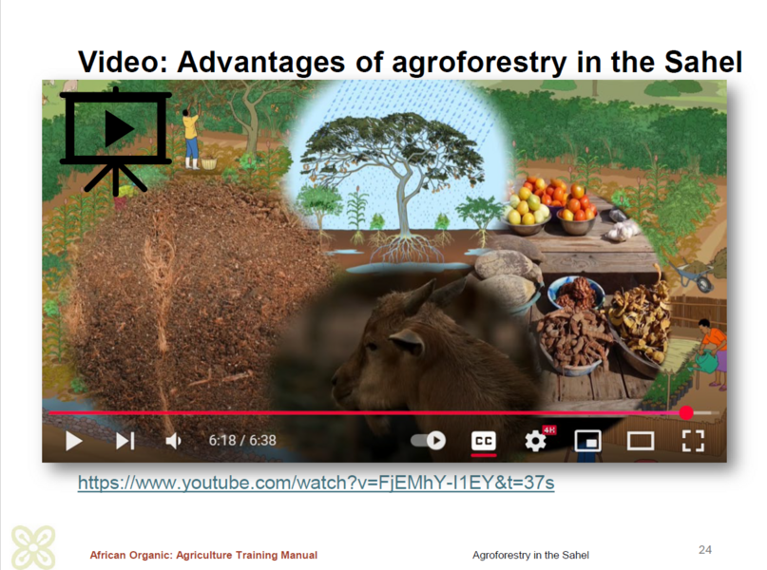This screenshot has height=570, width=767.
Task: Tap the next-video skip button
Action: pyautogui.click(x=125, y=441)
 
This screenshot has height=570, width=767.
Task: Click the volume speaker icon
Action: pyautogui.click(x=173, y=441)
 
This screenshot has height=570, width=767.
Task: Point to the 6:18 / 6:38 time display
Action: pyautogui.click(x=242, y=441)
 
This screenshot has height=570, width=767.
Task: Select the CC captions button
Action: pyautogui.click(x=483, y=441)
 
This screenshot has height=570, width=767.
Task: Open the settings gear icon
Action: pyautogui.click(x=536, y=441)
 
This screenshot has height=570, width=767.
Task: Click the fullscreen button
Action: pyautogui.click(x=693, y=441)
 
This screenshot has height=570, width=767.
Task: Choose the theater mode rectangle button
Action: pyautogui.click(x=641, y=441)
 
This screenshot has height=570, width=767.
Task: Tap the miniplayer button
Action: pyautogui.click(x=588, y=441)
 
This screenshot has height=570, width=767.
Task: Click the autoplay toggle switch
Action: pyautogui.click(x=429, y=441)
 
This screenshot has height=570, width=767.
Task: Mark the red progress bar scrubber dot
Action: pyautogui.click(x=686, y=413)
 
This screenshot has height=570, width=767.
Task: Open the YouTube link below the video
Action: pyautogui.click(x=316, y=483)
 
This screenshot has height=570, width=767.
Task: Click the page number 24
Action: pyautogui.click(x=705, y=549)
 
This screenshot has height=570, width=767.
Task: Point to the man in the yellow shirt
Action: pyautogui.click(x=191, y=136)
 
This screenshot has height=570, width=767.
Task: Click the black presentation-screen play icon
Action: pyautogui.click(x=116, y=141)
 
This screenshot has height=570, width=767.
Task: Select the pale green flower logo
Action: pyautogui.click(x=33, y=547)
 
